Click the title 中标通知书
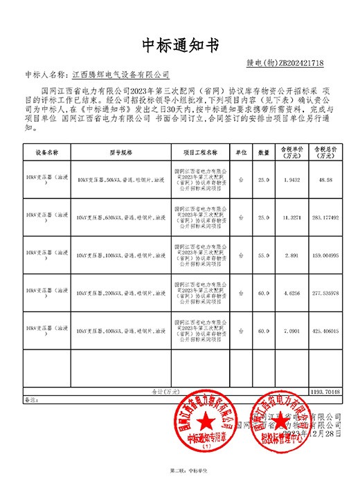coord(180,46)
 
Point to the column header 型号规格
coord(121,150)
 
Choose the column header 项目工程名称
coord(201,150)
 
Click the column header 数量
coord(264,151)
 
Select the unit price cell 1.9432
coord(292,179)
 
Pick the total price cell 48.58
coord(325,179)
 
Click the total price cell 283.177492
coord(325,217)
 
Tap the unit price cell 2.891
coord(292,255)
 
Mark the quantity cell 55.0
coord(264,255)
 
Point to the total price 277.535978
coord(325,293)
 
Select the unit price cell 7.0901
coord(292,332)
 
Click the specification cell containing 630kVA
coord(121,217)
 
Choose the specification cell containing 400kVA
coord(121,332)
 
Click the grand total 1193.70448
coord(325,392)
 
